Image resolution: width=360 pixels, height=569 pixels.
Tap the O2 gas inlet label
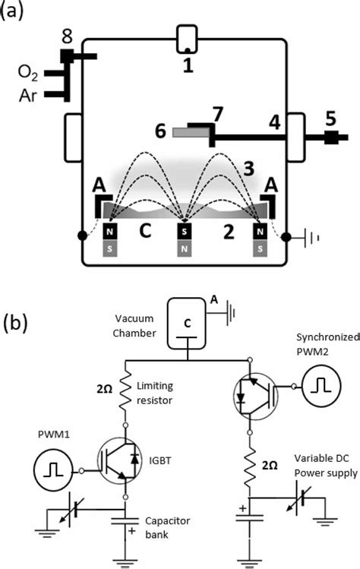pos(29,74)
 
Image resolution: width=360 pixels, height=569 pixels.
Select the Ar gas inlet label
pos(30,95)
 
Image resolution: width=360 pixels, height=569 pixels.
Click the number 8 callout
pos(67,36)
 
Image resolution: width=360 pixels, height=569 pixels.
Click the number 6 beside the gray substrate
pos(161,131)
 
